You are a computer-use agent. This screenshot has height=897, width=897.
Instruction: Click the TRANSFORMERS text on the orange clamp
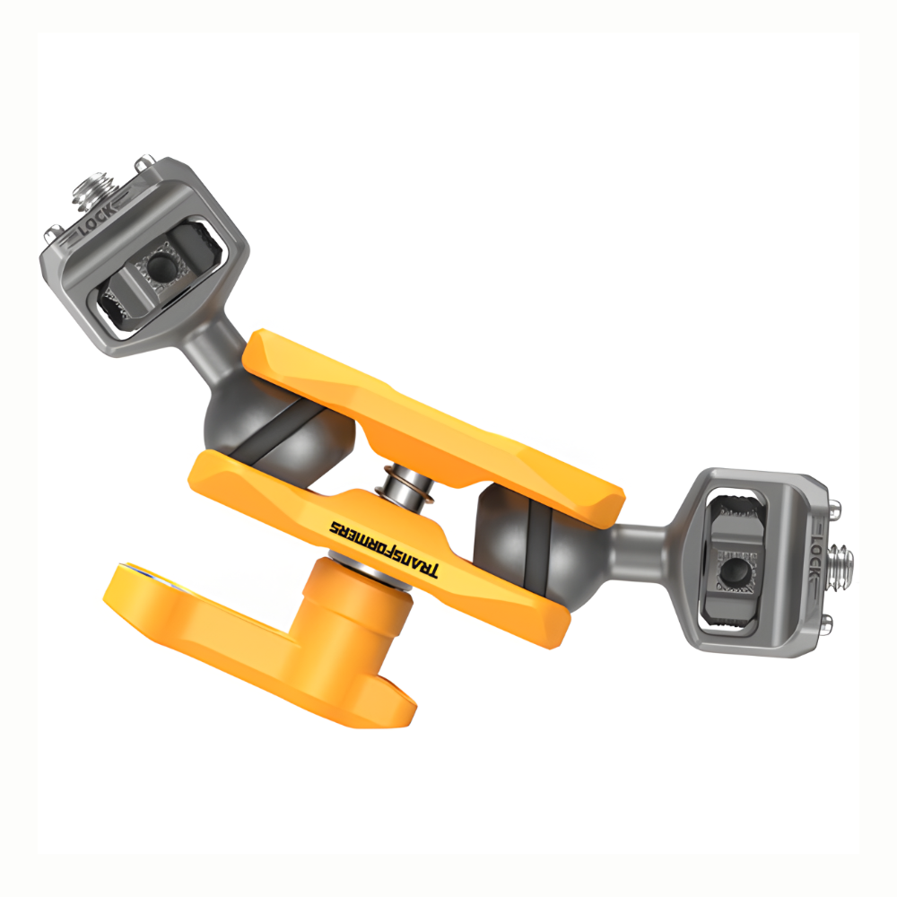coord(383,549)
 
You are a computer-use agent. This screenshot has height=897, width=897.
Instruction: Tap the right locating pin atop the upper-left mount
coord(144,167)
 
